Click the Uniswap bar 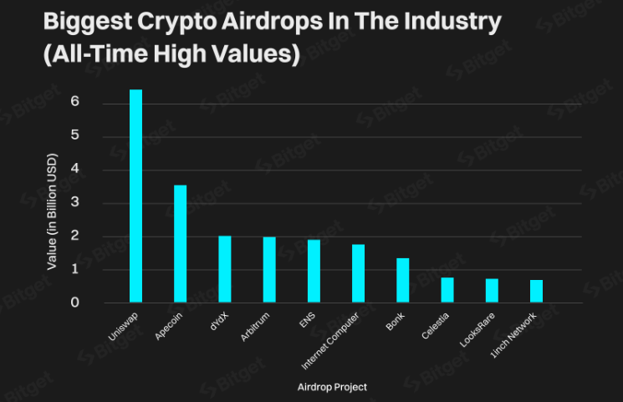pos(135,196)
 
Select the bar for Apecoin pos(180,243)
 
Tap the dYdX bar pos(225,268)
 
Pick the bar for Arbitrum pos(269,269)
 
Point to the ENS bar pos(314,271)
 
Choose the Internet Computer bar pos(358,273)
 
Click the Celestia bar pos(447,289)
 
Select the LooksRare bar pos(492,290)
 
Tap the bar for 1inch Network pos(536,291)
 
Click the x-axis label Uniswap pos(123,324)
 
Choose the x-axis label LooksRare pos(479,330)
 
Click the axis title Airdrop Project pos(332,387)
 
